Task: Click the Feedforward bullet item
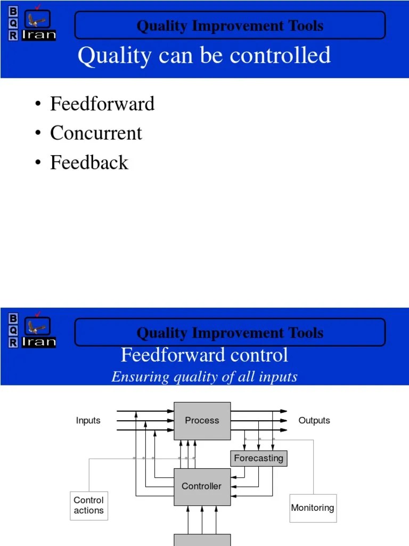pos(102,103)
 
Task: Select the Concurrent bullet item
pos(96,133)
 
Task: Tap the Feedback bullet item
pos(89,163)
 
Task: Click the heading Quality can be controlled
pos(204,55)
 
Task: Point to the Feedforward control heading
pos(204,355)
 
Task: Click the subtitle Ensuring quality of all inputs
pos(204,377)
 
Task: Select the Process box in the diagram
pos(202,421)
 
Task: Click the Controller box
pos(202,486)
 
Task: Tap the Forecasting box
pos(259,458)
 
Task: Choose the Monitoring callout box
pos(313,508)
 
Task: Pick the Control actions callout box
pos(89,505)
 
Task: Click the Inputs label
pos(88,421)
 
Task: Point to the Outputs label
pos(314,421)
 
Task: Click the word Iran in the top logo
pos(39,36)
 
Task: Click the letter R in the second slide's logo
pos(13,343)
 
